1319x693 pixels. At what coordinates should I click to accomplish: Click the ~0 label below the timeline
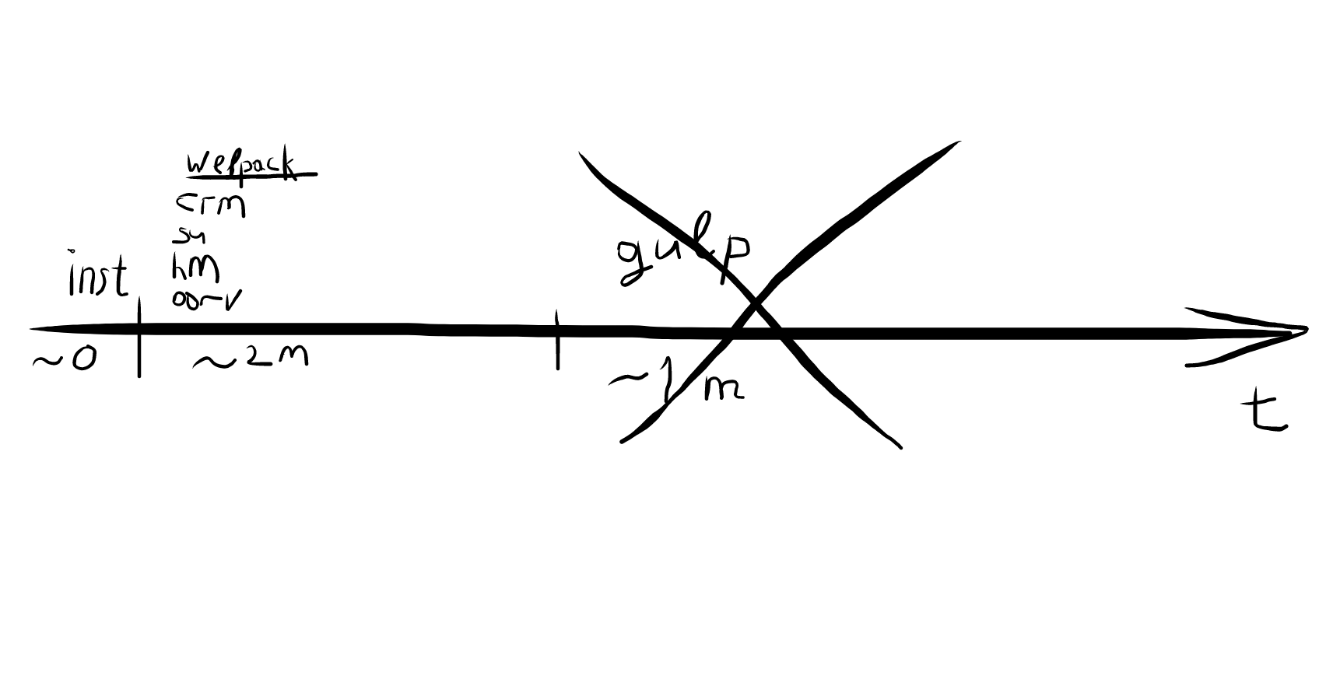[65, 359]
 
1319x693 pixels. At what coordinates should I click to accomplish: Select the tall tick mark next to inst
[139, 337]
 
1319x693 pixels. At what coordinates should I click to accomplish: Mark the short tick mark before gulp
[557, 339]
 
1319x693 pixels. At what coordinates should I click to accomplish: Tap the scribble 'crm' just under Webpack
[210, 205]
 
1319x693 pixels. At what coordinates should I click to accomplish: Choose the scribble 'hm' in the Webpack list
[195, 268]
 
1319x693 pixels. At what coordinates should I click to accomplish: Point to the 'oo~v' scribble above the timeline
[205, 299]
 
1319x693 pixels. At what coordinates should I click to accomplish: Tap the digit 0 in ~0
[84, 359]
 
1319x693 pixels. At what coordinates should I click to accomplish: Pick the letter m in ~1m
[724, 388]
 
